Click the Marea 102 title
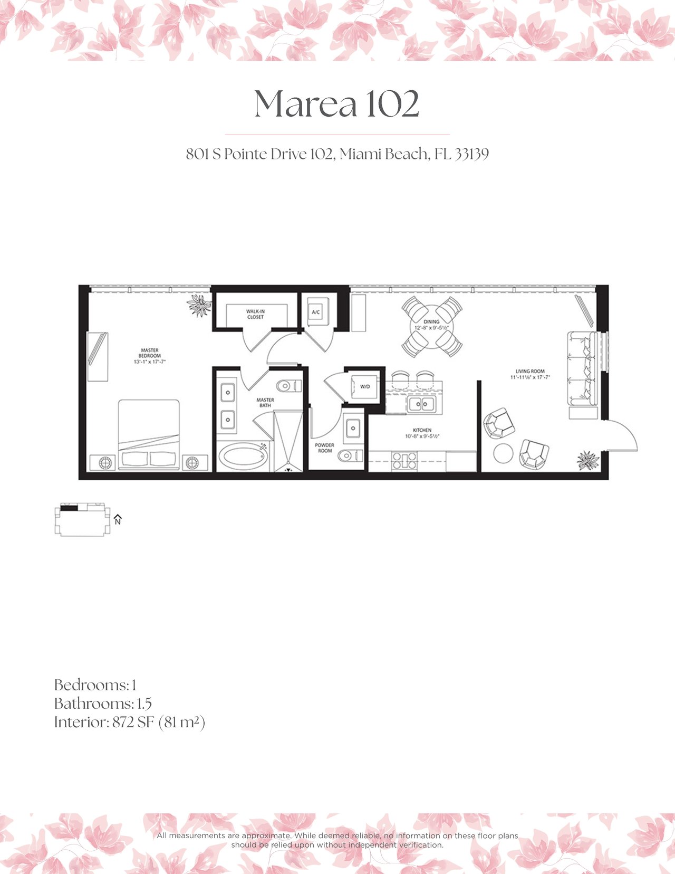[336, 104]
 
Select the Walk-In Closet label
[255, 314]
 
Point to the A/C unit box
[316, 312]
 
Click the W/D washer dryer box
[365, 387]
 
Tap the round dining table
[431, 326]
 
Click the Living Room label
[530, 374]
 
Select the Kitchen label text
[422, 430]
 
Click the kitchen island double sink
[421, 405]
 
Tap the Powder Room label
[324, 448]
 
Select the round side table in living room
[503, 453]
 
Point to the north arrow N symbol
[118, 519]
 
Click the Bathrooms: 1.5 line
[103, 704]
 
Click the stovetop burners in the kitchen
[404, 460]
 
